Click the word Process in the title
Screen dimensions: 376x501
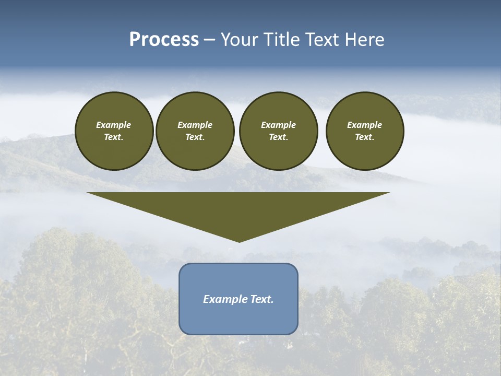(x=164, y=40)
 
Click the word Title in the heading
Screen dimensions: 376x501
(x=280, y=40)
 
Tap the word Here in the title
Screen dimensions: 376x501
(x=365, y=40)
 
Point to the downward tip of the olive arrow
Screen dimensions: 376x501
(x=239, y=241)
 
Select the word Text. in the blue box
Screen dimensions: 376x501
(x=261, y=299)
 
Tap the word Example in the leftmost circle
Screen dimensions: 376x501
(x=114, y=125)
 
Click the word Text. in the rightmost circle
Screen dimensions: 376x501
(x=365, y=137)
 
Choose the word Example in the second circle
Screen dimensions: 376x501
(x=195, y=125)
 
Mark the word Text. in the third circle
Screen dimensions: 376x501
(x=279, y=137)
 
